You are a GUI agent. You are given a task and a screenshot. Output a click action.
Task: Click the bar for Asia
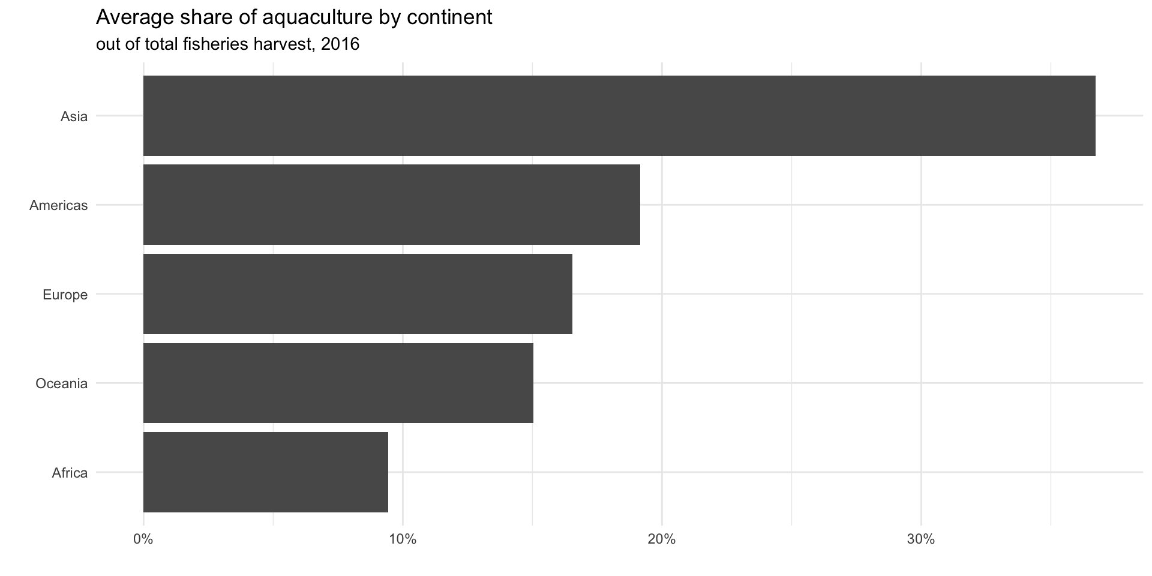click(x=619, y=116)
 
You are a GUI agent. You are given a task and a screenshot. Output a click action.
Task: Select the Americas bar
click(x=391, y=205)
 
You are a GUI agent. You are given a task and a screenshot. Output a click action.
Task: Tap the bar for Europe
click(x=358, y=294)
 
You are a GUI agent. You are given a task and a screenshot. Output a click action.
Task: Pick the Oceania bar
click(x=338, y=383)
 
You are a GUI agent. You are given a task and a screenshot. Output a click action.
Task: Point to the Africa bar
click(x=265, y=472)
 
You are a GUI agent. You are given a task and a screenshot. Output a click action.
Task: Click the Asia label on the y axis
click(x=74, y=116)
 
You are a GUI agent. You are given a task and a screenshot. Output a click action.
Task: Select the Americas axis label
click(x=58, y=205)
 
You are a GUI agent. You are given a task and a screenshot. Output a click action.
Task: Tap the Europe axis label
click(x=65, y=295)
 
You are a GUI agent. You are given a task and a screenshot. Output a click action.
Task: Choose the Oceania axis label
click(x=61, y=383)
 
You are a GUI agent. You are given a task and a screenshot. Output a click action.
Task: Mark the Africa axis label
click(x=70, y=473)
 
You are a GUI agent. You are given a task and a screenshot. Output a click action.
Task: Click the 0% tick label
click(x=143, y=539)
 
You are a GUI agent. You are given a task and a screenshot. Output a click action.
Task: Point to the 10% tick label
click(x=403, y=539)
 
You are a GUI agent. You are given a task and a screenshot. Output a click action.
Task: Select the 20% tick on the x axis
click(x=662, y=539)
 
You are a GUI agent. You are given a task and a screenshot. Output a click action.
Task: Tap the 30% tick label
click(x=921, y=539)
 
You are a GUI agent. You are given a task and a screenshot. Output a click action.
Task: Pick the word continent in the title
click(x=449, y=18)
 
